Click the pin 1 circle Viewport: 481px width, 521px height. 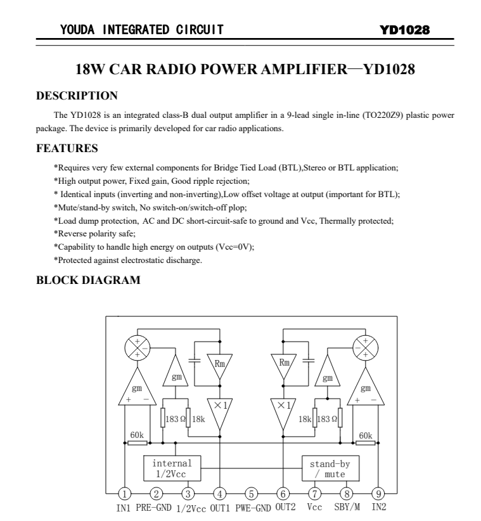(125, 494)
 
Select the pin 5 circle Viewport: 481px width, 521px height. (252, 494)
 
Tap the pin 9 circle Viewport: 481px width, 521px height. (378, 494)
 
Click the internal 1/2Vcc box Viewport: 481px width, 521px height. (172, 468)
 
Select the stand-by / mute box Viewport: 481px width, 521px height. (330, 468)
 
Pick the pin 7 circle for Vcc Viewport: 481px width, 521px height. (315, 494)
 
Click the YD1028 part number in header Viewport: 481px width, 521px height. (405, 30)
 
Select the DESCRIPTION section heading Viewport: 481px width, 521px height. (77, 96)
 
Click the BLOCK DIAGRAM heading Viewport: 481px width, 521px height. (88, 280)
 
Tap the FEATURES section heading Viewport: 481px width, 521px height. (67, 149)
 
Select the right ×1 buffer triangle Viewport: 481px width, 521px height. (283, 408)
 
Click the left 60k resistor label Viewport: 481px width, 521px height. (136, 435)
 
